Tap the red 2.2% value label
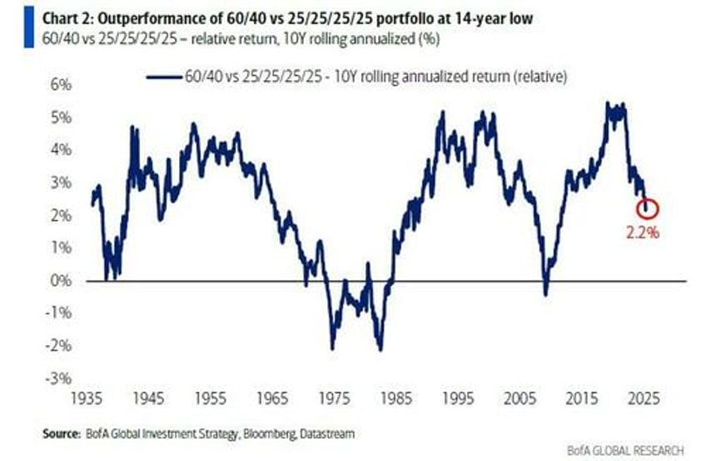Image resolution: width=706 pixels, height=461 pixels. [x=643, y=233]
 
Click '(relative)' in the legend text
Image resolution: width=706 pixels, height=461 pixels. [x=539, y=77]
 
